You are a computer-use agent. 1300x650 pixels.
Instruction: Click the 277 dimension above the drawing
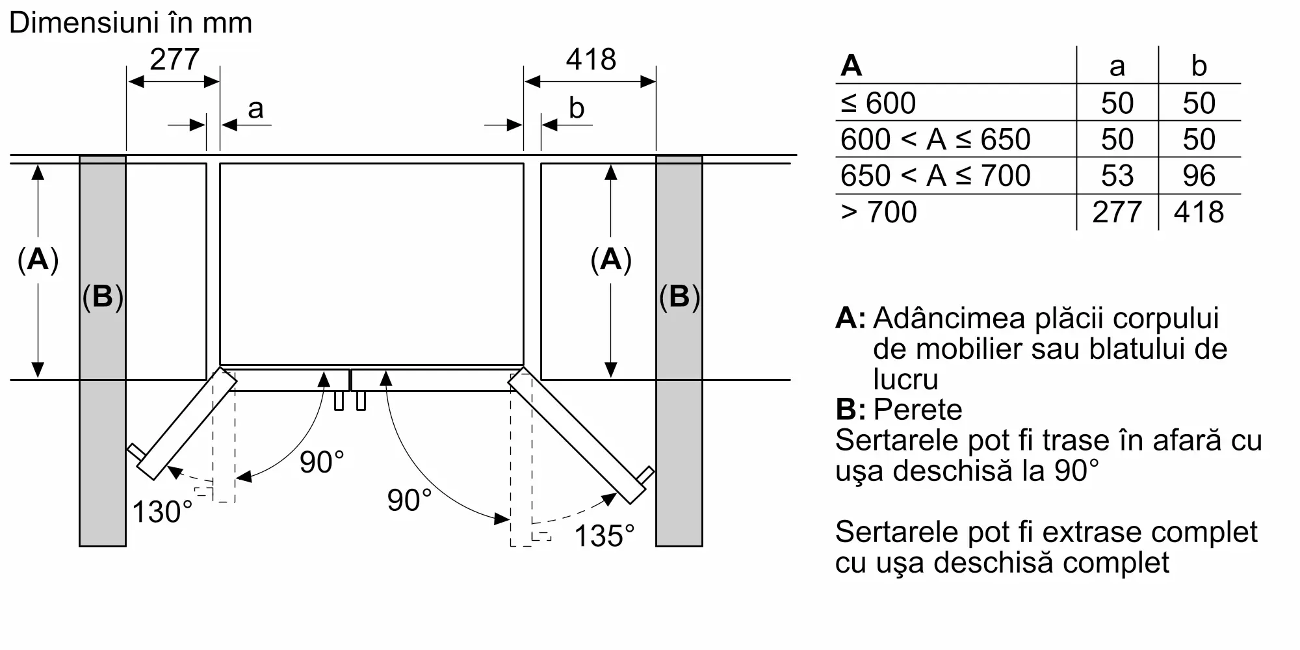(174, 60)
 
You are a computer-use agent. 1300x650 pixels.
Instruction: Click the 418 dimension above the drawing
(591, 60)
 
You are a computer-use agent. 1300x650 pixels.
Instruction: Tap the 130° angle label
(162, 512)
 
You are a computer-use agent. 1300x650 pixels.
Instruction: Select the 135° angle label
(604, 536)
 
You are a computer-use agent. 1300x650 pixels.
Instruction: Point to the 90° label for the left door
(322, 462)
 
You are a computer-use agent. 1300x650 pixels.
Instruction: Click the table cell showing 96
(1199, 175)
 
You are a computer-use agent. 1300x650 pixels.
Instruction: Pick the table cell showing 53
(1117, 175)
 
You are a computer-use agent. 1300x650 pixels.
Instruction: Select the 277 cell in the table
(1117, 212)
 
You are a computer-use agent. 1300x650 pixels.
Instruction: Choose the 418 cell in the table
(1199, 212)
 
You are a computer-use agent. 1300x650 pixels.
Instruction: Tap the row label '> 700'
(878, 212)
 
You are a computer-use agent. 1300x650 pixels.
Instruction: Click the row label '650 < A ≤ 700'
(935, 175)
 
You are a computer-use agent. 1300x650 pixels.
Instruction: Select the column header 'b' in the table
(1199, 66)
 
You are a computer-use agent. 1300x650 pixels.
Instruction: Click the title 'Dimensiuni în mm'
(131, 23)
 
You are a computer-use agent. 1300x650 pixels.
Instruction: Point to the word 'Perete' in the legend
(918, 409)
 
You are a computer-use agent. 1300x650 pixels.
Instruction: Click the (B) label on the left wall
(103, 296)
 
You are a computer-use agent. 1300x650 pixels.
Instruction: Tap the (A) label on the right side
(611, 260)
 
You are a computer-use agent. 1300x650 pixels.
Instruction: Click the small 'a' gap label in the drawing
(255, 109)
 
